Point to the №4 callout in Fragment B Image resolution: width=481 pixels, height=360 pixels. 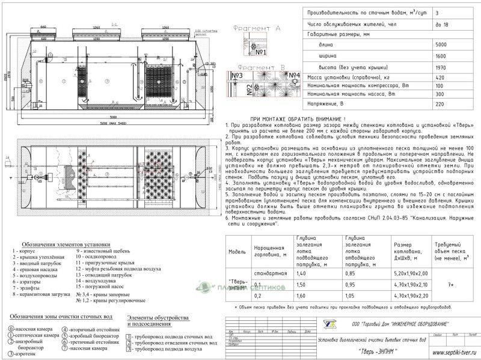tap(295, 76)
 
